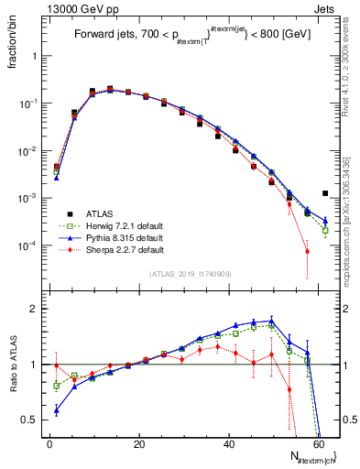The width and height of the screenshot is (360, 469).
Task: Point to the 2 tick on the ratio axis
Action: click(37, 309)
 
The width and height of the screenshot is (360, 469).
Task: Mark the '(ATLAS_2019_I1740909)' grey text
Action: click(189, 274)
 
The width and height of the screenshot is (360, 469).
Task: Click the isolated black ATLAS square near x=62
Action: click(325, 193)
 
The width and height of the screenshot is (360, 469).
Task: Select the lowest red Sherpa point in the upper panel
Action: click(307, 251)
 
